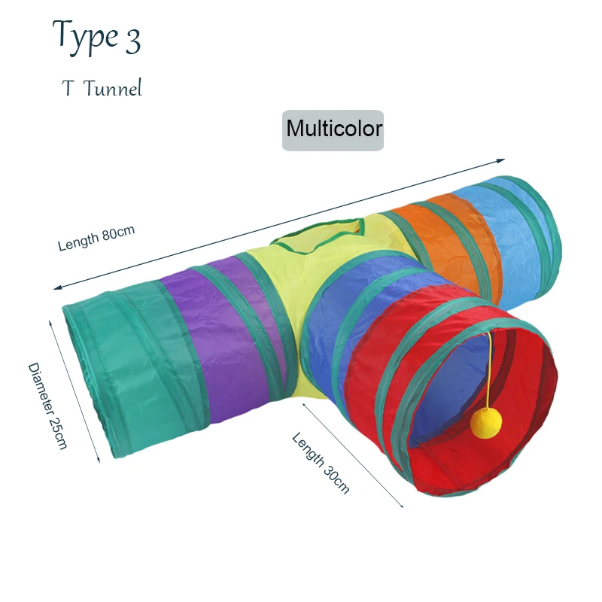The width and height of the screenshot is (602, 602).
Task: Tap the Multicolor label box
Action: click(x=333, y=129)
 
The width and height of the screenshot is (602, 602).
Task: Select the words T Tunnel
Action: click(x=102, y=89)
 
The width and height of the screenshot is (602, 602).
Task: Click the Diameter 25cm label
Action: click(x=47, y=406)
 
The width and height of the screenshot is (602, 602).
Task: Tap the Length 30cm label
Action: click(x=321, y=462)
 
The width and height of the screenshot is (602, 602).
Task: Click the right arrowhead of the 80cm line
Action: click(x=502, y=160)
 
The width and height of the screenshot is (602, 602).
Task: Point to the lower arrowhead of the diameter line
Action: click(x=98, y=460)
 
